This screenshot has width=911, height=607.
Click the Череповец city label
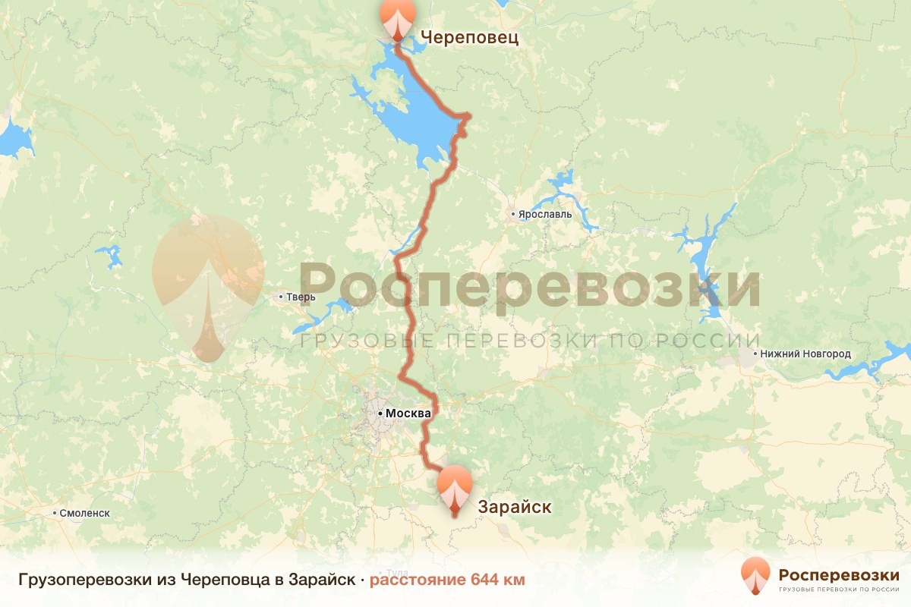pyautogui.click(x=469, y=37)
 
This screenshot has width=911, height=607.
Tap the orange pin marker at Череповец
pyautogui.click(x=398, y=18)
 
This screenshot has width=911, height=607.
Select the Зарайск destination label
pyautogui.click(x=514, y=506)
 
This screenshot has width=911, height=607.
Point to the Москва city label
pyautogui.click(x=408, y=414)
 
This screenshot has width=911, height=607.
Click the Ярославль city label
pyautogui.click(x=545, y=215)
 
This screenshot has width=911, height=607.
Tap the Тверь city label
pyautogui.click(x=300, y=297)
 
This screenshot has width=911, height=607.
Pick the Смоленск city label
pyautogui.click(x=84, y=513)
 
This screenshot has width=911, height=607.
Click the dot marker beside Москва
pyautogui.click(x=380, y=414)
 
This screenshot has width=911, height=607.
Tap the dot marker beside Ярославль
pyautogui.click(x=514, y=215)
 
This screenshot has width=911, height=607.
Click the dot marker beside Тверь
pyautogui.click(x=281, y=297)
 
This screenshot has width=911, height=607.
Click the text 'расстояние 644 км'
pyautogui.click(x=447, y=580)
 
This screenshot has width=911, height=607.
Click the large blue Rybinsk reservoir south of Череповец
pyautogui.click(x=410, y=114)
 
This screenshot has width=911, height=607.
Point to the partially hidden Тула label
pyautogui.click(x=397, y=571)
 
